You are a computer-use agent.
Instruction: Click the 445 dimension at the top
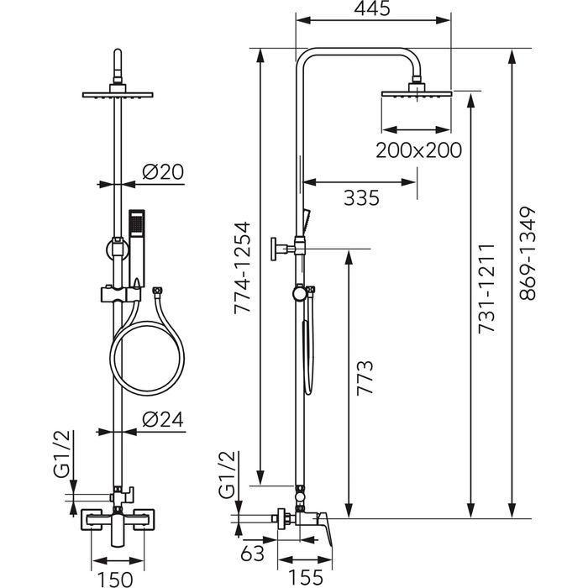(374, 11)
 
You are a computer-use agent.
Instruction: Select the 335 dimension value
(361, 198)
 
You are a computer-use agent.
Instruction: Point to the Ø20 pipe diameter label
(163, 172)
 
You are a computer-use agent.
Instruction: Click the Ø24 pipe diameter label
(163, 419)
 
